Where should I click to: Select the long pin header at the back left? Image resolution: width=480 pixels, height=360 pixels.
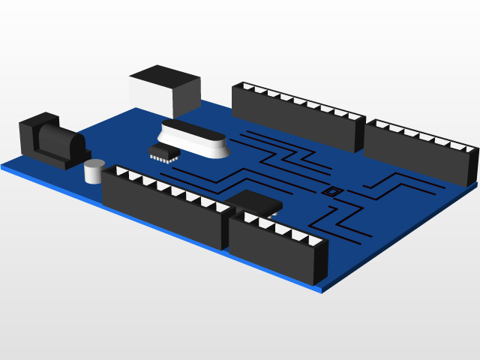tap(296, 120)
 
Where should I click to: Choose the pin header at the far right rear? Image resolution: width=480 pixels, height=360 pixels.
tap(420, 154)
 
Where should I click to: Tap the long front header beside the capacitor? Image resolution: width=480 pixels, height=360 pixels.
tap(165, 206)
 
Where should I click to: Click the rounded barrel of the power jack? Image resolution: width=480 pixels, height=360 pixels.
tap(60, 142)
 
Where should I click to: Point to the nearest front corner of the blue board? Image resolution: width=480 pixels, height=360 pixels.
tap(322, 289)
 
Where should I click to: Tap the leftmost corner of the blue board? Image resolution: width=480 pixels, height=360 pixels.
tap(2, 167)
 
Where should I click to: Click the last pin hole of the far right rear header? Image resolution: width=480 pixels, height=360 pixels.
tap(469, 150)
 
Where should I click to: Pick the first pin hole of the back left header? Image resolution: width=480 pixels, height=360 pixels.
tap(247, 87)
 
